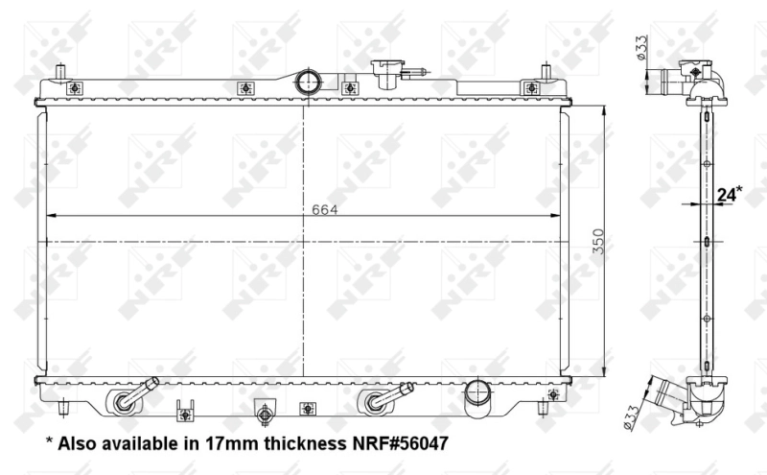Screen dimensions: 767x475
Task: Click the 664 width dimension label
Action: [325, 209]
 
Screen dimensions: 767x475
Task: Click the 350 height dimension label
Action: [598, 242]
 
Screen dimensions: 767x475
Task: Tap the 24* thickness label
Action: [730, 194]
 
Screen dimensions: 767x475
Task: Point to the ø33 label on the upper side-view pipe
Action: [641, 48]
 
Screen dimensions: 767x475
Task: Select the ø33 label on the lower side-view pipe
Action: [632, 417]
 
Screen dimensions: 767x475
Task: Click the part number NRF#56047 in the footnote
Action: [400, 443]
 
